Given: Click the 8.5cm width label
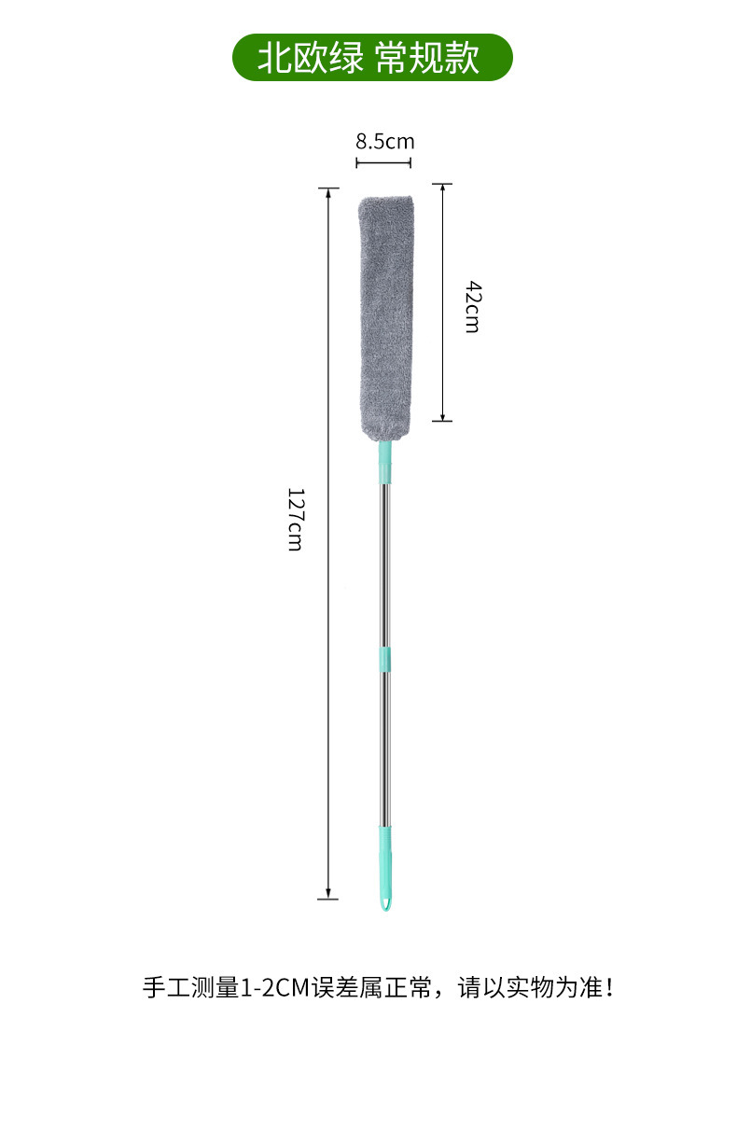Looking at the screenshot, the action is [x=384, y=142].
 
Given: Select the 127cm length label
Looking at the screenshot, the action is [x=296, y=519].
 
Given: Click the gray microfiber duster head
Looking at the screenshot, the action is [x=385, y=318].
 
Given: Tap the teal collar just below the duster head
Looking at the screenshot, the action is [x=385, y=461].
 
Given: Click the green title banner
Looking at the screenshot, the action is [x=372, y=58].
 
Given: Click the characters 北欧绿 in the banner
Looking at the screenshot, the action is [x=310, y=58].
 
